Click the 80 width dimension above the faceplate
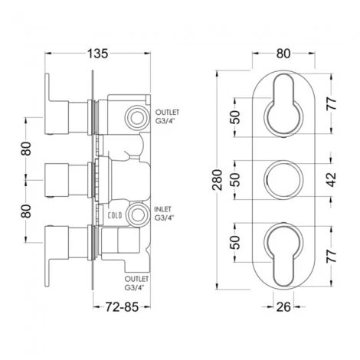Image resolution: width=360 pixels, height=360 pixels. coord(283,54)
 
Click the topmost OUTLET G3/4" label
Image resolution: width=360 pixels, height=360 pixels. coord(165,116)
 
